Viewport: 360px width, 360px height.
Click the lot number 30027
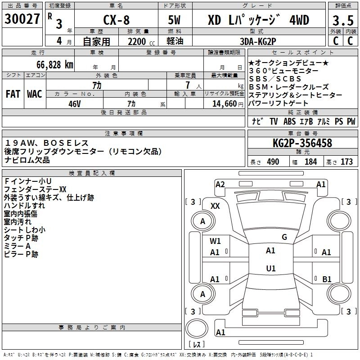tap(22, 19)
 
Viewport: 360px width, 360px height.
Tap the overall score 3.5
tap(342, 21)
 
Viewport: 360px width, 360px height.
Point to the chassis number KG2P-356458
tap(302, 143)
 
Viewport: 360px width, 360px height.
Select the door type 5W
tap(175, 20)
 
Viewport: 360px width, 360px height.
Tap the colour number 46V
tap(74, 103)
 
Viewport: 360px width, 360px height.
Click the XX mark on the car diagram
tap(215, 206)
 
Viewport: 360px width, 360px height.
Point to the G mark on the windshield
tap(284, 237)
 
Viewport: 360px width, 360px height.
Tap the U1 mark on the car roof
tap(270, 269)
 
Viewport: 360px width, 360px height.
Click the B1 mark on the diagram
tap(327, 279)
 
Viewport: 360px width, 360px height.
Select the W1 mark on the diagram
tap(216, 241)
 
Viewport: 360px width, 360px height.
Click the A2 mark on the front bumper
tap(220, 184)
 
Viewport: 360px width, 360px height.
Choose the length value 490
tap(273, 162)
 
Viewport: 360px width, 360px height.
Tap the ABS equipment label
tap(289, 121)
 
